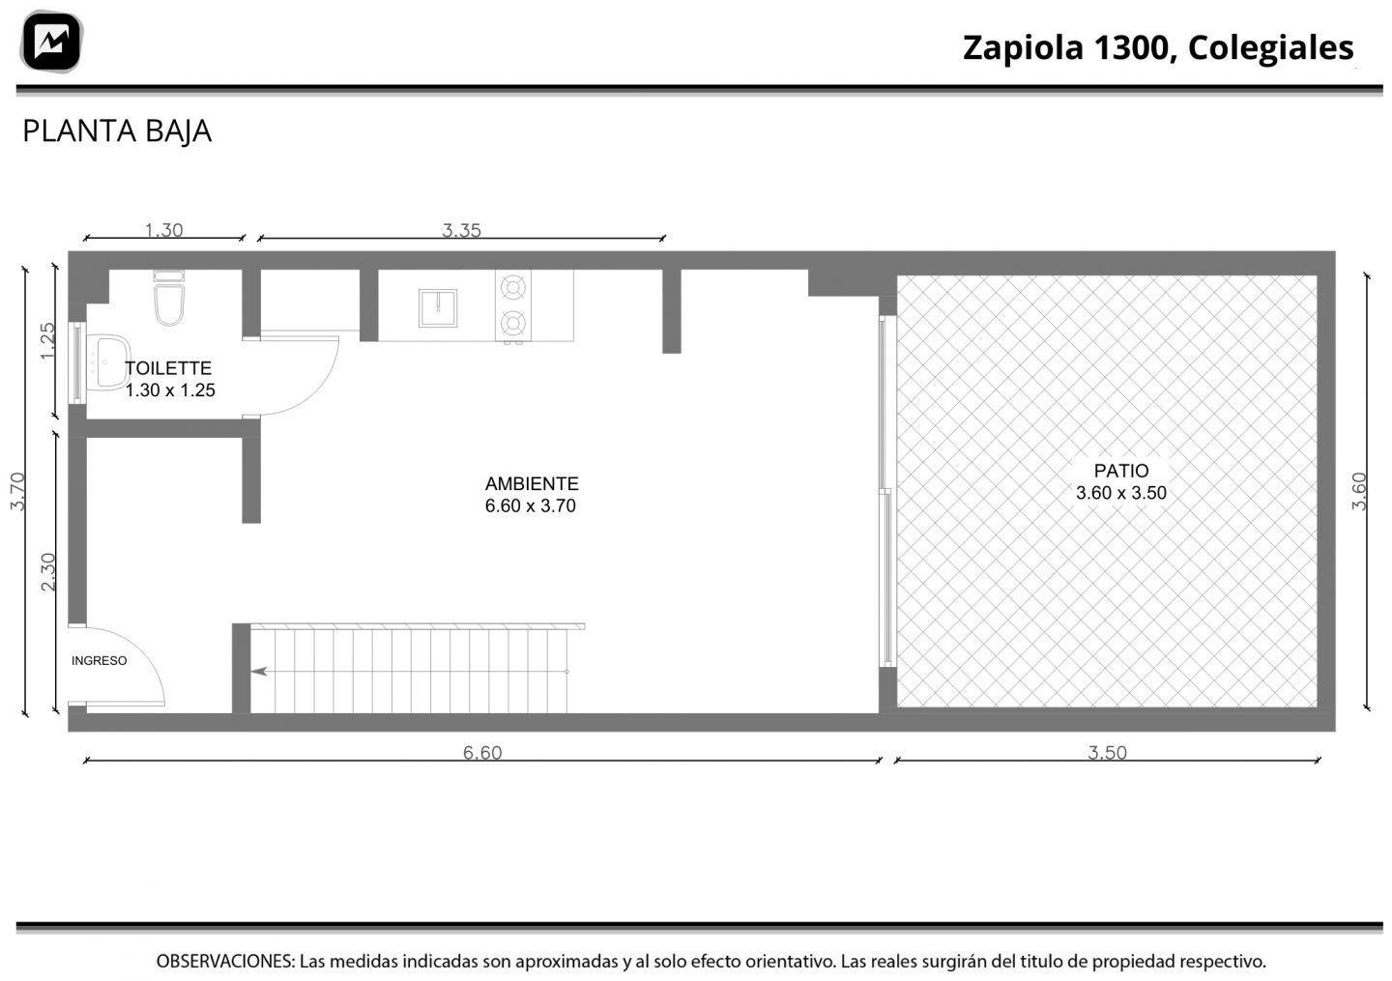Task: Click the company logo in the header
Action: [51, 42]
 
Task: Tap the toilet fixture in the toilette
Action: [169, 298]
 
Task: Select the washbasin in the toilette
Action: [108, 362]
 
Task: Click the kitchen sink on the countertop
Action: [438, 307]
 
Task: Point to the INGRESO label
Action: [99, 661]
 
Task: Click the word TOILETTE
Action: [168, 368]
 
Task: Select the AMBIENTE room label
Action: [532, 484]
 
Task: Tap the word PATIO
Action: [1121, 471]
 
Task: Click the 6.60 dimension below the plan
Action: [482, 752]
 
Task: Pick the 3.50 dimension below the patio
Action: [1107, 752]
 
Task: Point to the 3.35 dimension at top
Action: [461, 230]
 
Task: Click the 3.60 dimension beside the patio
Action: [1359, 491]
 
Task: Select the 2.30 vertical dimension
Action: [48, 571]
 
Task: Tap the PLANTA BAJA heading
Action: [117, 131]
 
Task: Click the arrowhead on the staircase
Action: [258, 671]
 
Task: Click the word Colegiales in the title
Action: [1271, 47]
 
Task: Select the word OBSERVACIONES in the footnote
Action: [225, 961]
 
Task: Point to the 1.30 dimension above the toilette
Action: [163, 230]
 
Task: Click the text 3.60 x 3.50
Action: [1121, 493]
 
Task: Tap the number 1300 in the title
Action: [1134, 47]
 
